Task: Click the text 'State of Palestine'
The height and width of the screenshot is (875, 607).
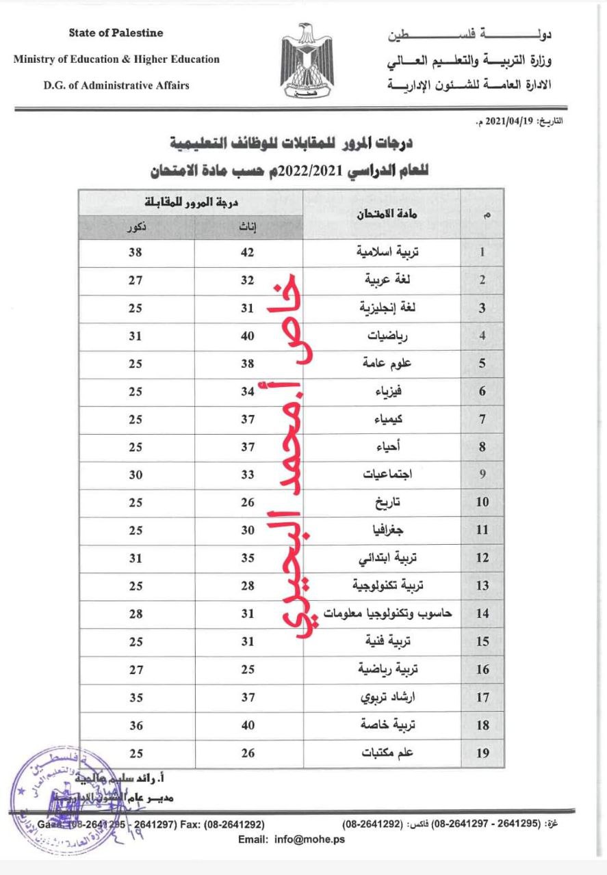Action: click(116, 33)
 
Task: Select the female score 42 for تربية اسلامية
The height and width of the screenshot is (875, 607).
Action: click(248, 252)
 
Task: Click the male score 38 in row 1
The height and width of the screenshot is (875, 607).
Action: click(135, 252)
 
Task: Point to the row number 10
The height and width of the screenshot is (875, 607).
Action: click(482, 502)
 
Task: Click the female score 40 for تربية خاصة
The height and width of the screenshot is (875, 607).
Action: click(248, 725)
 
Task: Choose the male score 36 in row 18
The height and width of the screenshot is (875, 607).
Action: click(135, 725)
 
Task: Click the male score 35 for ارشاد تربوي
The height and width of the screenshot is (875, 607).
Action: click(135, 697)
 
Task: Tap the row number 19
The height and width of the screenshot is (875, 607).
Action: click(482, 753)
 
